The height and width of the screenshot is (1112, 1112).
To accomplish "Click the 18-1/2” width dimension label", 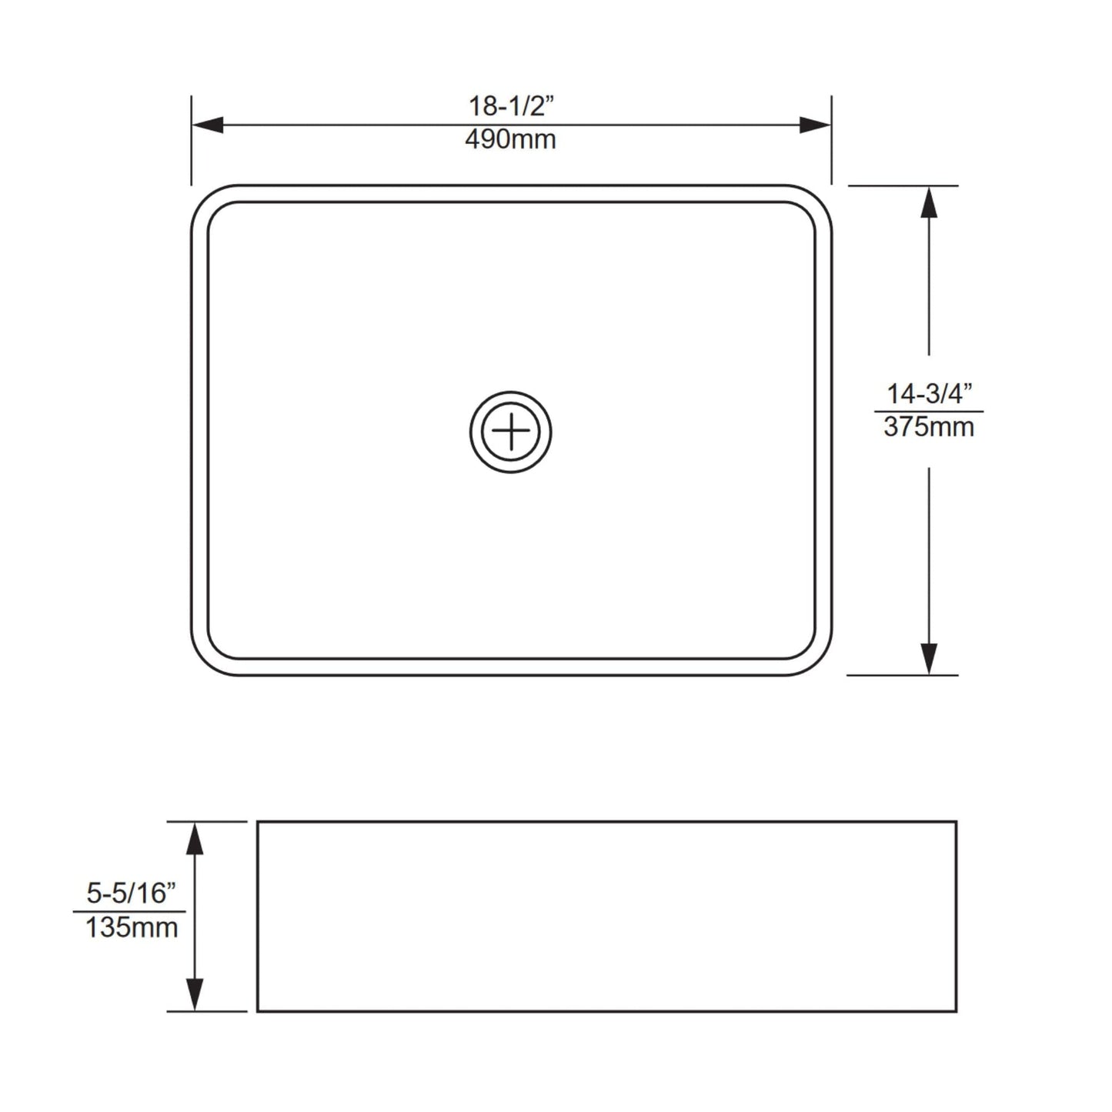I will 511,105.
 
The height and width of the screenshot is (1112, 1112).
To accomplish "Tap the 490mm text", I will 510,139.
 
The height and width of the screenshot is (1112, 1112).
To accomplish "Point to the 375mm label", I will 929,426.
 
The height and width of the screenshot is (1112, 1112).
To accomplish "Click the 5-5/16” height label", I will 131,893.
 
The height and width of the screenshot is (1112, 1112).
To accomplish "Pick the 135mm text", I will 131,927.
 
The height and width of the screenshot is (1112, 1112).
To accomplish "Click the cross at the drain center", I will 511,432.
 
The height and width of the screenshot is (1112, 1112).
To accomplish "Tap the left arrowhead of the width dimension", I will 206,125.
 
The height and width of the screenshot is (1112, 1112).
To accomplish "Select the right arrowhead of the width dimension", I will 816,125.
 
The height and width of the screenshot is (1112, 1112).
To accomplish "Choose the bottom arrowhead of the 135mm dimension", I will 195,995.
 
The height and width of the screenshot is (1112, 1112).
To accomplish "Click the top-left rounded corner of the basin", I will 202,195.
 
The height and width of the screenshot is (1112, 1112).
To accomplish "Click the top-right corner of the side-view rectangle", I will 956,822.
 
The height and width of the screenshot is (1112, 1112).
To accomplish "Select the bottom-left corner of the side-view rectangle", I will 258,1010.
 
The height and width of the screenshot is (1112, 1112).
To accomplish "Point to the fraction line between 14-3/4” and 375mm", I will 929,411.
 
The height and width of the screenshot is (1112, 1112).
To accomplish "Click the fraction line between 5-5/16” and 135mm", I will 129,912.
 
